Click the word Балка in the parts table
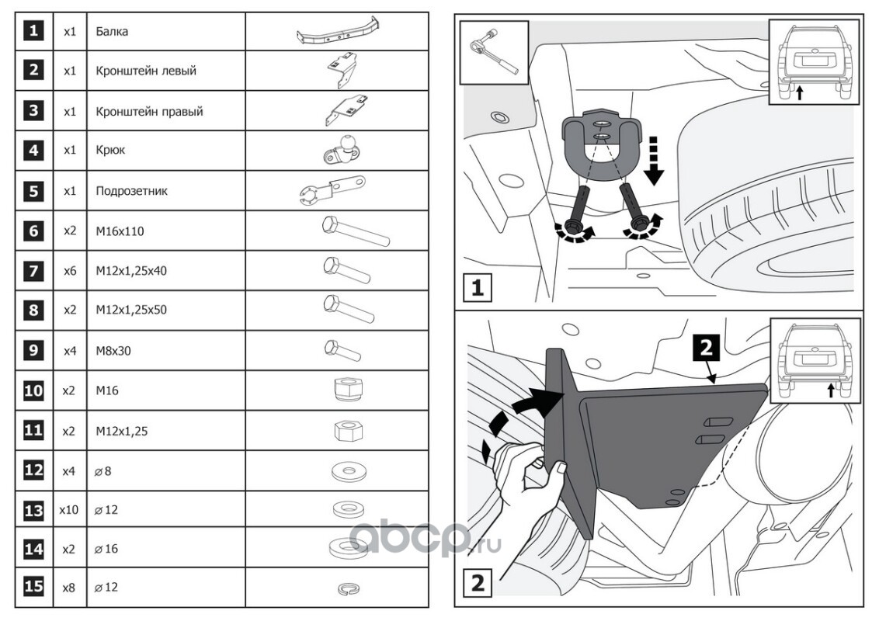coord(113,33)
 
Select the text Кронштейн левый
coord(146,71)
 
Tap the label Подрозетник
coord(132,190)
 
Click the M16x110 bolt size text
coord(120,231)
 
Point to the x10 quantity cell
coord(69,510)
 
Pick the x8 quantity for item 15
coord(69,588)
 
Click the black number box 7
coord(33,270)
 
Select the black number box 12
coord(33,470)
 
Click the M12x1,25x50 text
coord(131,310)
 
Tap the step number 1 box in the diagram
coord(478,289)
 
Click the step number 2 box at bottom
coord(478,582)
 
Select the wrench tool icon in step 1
coord(494,52)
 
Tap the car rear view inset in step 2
coord(815,361)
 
